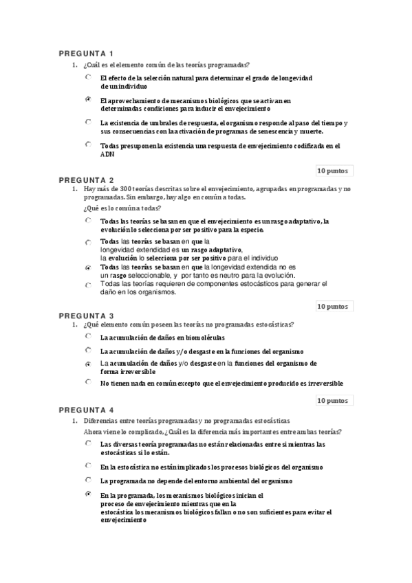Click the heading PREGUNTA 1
click(86, 54)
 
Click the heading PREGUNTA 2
click(86, 180)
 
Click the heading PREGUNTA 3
click(86, 316)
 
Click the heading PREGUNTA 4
click(86, 410)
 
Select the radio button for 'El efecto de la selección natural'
click(88, 78)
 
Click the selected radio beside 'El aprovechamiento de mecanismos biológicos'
click(88, 100)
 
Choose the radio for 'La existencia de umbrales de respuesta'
click(88, 122)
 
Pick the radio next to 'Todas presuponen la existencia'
click(88, 144)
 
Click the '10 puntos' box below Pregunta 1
click(333, 170)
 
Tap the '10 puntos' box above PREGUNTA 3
click(333, 305)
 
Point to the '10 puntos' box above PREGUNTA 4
click(333, 399)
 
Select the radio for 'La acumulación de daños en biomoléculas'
click(88, 337)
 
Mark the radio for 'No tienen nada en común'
click(88, 382)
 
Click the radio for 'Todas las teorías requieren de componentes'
click(88, 284)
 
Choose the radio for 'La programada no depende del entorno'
click(88, 480)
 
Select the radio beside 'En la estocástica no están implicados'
click(88, 465)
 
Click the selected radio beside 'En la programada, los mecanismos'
click(88, 494)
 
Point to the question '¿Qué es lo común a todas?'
click(122, 208)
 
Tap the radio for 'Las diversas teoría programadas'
click(88, 443)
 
